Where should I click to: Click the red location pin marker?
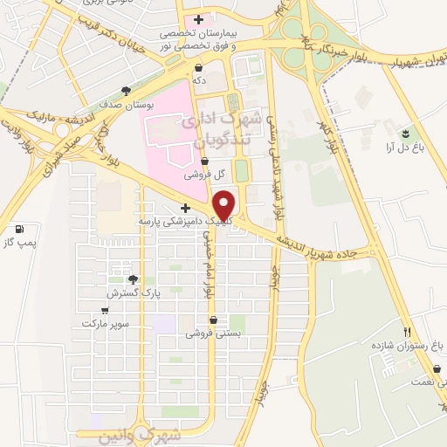(225, 204)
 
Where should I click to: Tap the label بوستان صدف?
(133, 104)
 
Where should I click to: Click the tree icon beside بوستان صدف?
(127, 90)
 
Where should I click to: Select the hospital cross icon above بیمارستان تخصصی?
(199, 19)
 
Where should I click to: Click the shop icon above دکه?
(199, 66)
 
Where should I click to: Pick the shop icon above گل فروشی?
(204, 161)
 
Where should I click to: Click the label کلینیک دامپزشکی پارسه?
(184, 222)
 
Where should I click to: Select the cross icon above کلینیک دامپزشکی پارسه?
(184, 208)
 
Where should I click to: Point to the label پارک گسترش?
(128, 294)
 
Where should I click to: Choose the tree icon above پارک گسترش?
(133, 279)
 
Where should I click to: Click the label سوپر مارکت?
(106, 323)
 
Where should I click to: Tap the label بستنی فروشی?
(210, 334)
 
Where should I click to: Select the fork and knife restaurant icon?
(407, 331)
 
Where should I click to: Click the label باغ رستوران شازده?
(402, 346)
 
